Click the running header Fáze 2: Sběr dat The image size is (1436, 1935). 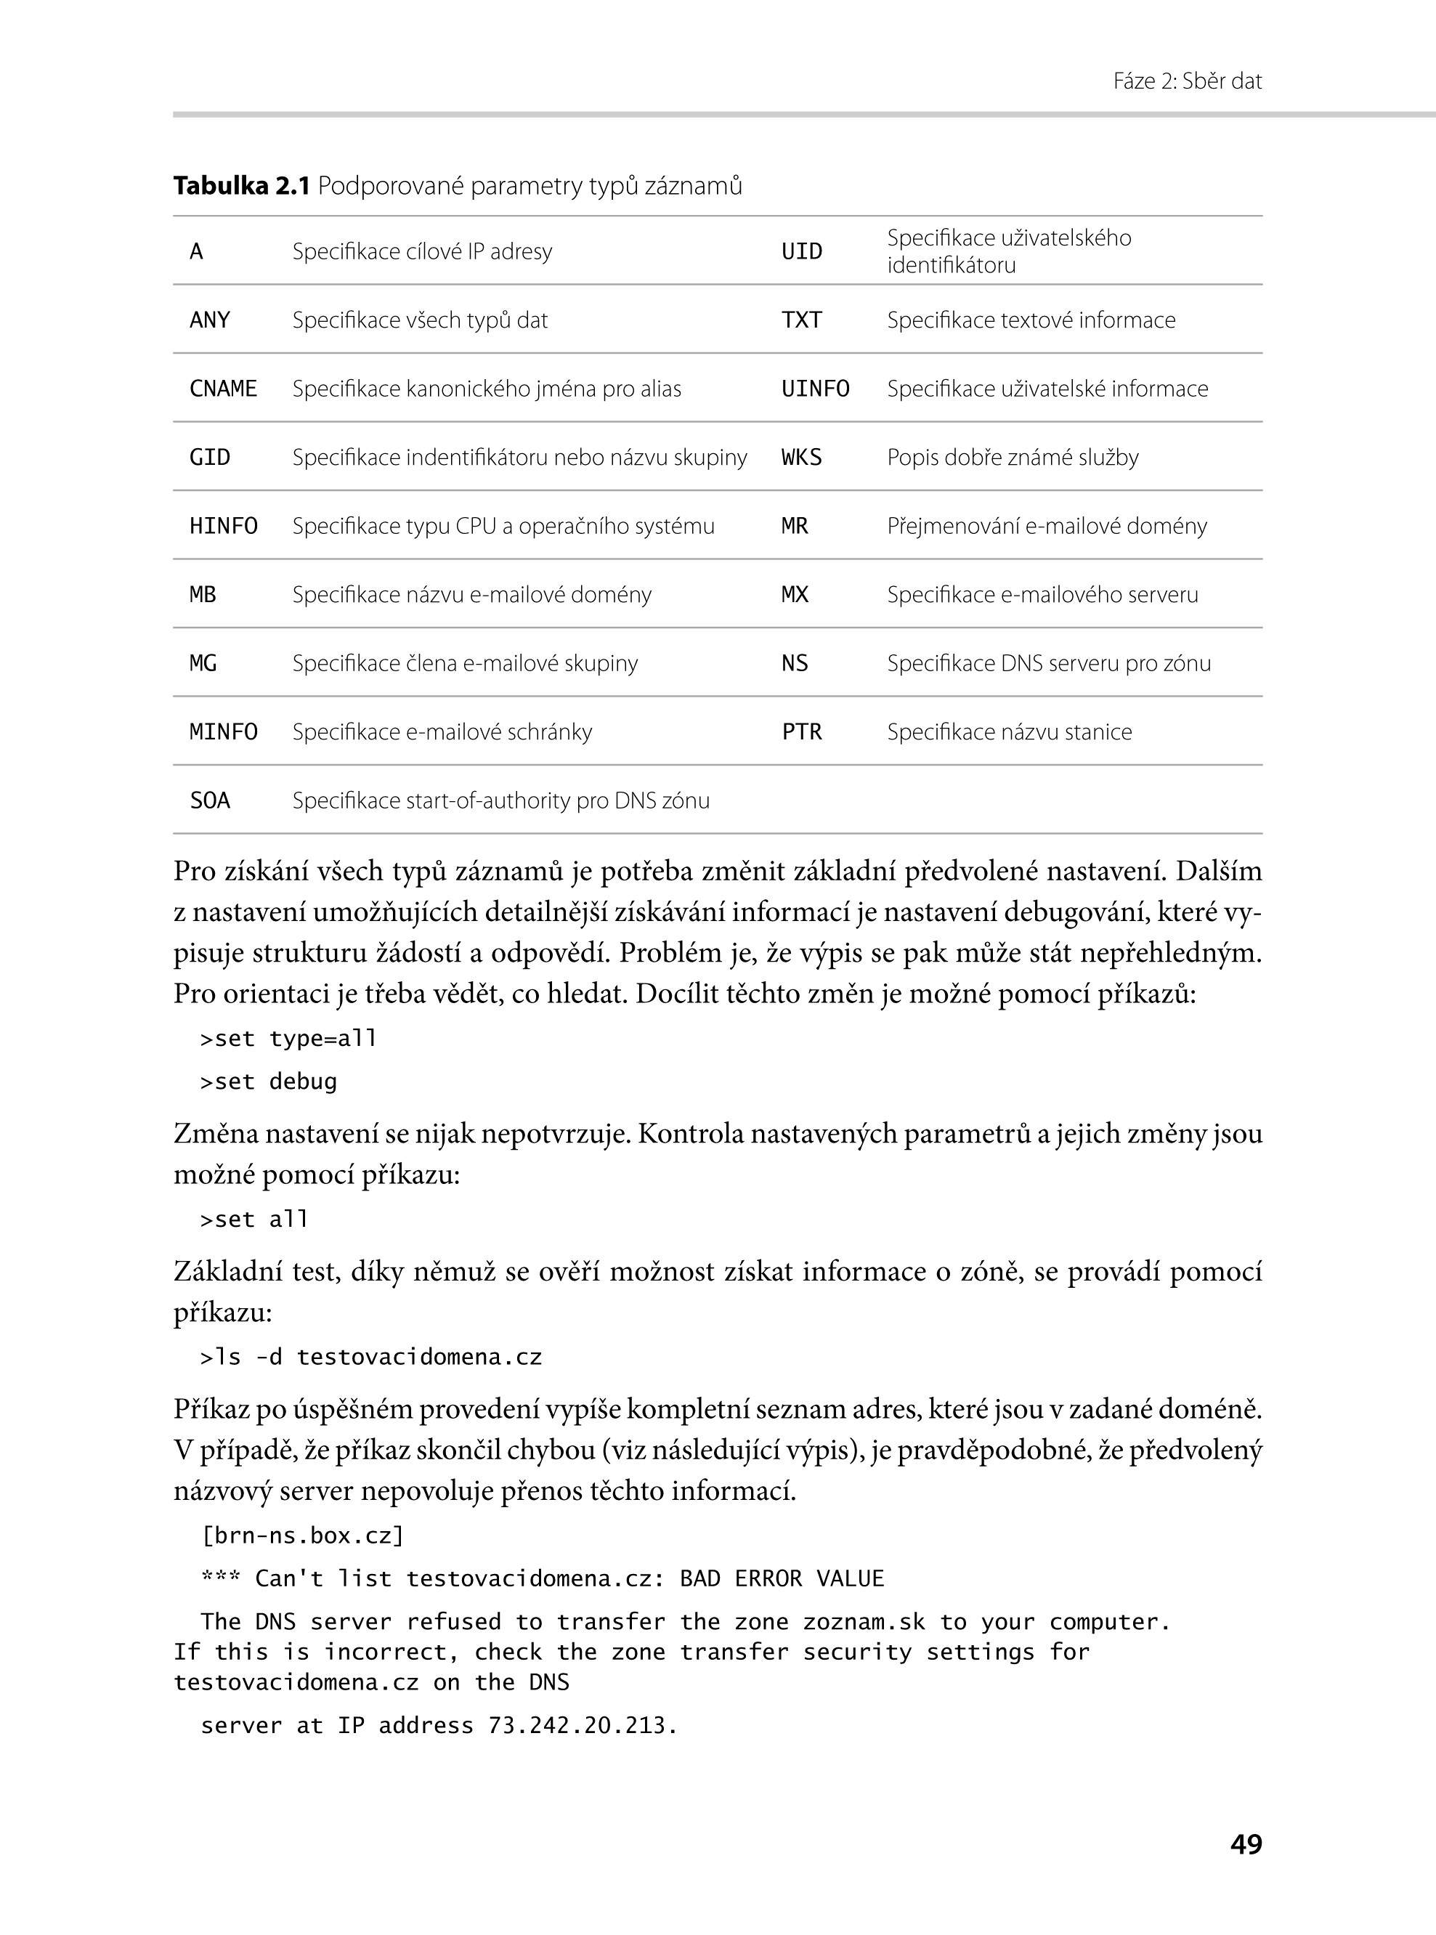tap(1187, 81)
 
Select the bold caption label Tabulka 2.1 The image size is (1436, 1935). tap(242, 186)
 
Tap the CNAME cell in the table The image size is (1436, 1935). tap(224, 389)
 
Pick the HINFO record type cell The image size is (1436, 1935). tap(224, 526)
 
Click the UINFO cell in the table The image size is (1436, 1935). tap(816, 389)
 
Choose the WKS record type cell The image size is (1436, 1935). tap(801, 457)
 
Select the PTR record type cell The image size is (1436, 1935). tap(801, 732)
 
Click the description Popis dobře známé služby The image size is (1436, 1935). tap(1013, 457)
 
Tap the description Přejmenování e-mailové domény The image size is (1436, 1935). tap(1047, 526)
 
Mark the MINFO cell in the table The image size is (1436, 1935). tap(224, 732)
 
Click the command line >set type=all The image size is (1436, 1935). tap(288, 1039)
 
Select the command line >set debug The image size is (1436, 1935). tap(269, 1082)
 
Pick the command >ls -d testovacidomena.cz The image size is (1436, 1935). tap(371, 1358)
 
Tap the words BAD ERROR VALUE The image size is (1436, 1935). tap(782, 1578)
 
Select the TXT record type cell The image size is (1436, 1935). tap(801, 320)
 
